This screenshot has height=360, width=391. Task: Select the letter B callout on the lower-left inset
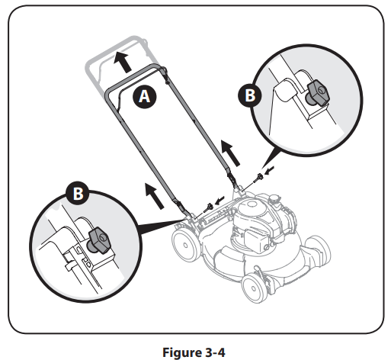78,194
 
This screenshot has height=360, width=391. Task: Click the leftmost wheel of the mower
183,246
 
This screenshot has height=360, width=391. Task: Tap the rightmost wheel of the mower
318,256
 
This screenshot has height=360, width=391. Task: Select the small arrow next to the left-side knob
221,200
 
